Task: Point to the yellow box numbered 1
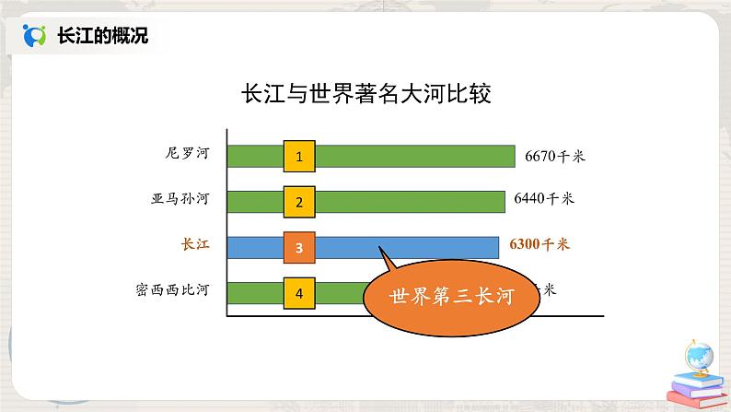299,156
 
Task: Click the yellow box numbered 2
299,201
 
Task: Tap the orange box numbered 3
299,247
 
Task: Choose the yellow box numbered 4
299,292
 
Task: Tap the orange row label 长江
196,244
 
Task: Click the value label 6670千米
555,156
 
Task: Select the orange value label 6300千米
540,245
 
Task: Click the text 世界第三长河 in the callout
451,298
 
